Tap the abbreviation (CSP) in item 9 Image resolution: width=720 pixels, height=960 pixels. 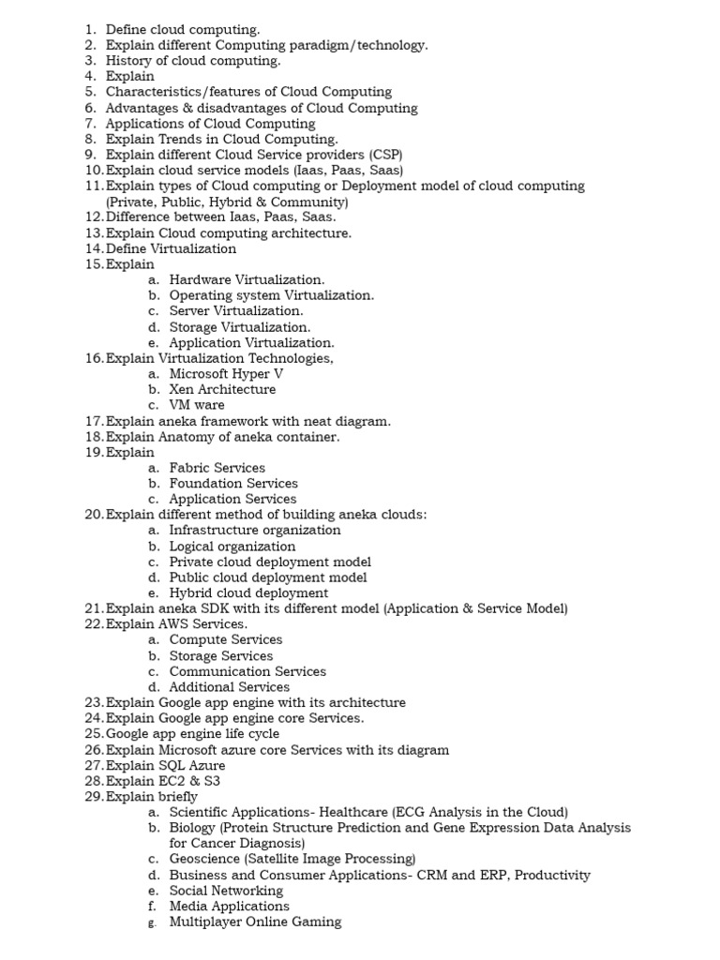pyautogui.click(x=380, y=155)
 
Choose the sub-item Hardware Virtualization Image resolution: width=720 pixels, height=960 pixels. pyautogui.click(x=247, y=279)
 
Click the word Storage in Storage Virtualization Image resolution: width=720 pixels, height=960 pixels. pyautogui.click(x=192, y=327)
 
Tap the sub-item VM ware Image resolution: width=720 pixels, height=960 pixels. pyautogui.click(x=197, y=405)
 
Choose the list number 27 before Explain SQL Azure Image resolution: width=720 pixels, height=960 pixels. pyautogui.click(x=93, y=766)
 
